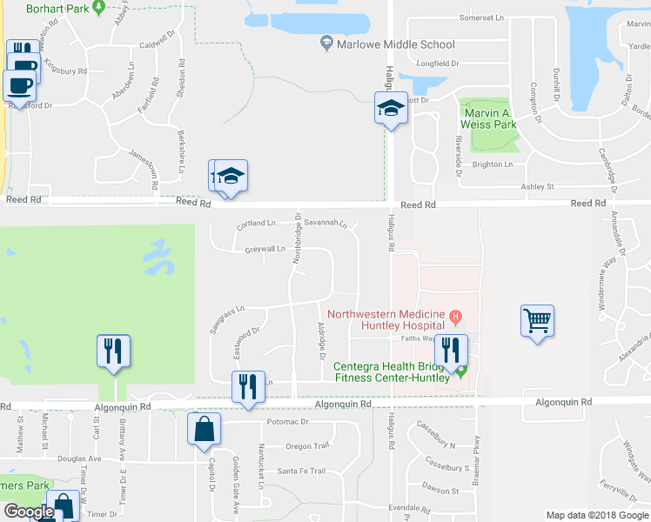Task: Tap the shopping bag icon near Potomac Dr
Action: (204, 429)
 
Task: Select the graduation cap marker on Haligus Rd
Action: (391, 109)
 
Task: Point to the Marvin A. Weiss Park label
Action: (489, 118)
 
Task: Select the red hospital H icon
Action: (454, 315)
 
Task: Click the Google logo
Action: (28, 512)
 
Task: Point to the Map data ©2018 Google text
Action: (596, 515)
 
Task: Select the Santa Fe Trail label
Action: (301, 472)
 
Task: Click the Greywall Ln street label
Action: (265, 250)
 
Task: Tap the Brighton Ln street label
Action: (493, 164)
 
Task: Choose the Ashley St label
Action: (537, 186)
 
